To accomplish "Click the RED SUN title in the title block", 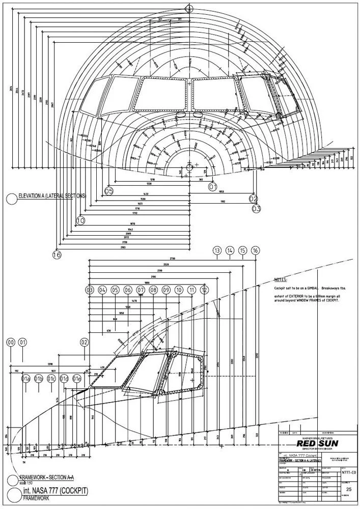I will point(317,443).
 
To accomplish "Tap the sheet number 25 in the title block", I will point(349,489).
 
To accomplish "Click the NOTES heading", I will point(281,280).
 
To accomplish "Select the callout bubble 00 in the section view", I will point(10,343).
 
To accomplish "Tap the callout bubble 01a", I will point(26,379).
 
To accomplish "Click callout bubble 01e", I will point(77,379).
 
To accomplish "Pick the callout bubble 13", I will point(217,250).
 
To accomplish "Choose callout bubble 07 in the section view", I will point(141,290).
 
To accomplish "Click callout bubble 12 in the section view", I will point(204,290).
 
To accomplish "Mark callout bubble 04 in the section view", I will point(102,290).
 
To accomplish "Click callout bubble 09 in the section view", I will point(166,290).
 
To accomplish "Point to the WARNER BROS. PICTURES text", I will point(317,437).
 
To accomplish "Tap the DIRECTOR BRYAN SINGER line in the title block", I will point(317,449).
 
